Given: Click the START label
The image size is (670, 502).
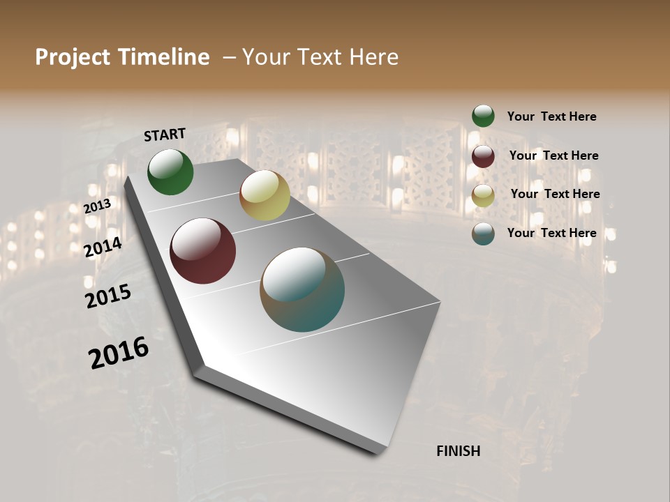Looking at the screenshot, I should (x=165, y=135).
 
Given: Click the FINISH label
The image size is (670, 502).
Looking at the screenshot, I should (x=458, y=451).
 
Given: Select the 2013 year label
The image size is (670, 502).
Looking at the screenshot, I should (x=97, y=206).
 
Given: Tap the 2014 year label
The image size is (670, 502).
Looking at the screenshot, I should (x=103, y=248).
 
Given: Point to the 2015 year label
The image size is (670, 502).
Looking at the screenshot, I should (x=108, y=296).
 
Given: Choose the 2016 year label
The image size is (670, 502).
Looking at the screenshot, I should (x=119, y=353).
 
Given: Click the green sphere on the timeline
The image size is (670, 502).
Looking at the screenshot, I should (x=170, y=172).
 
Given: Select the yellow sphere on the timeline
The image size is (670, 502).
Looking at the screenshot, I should (x=265, y=195).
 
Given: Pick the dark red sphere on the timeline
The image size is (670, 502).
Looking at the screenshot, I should (x=202, y=251).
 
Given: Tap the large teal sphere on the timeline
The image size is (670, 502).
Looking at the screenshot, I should (x=302, y=289).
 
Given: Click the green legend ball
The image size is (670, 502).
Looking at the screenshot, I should (x=483, y=116).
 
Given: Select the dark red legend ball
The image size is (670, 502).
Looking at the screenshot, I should (x=483, y=156).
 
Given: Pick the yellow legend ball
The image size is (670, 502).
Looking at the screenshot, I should (x=483, y=195).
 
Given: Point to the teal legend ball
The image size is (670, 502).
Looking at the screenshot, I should (x=483, y=234).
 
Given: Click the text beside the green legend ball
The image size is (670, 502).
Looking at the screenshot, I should (x=551, y=116).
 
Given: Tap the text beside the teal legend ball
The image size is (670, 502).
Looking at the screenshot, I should (x=551, y=233).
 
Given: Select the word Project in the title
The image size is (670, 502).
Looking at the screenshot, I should (x=73, y=57).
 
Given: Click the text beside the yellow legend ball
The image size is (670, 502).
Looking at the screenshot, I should (x=555, y=194).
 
